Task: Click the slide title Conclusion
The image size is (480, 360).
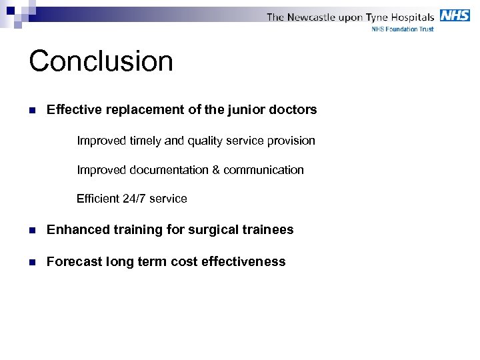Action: tap(101, 61)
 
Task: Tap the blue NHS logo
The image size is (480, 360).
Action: tap(455, 15)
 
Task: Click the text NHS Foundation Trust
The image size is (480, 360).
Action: tap(402, 29)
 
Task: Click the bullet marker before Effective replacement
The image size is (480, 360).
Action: tap(32, 110)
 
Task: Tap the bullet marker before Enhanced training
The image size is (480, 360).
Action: tap(32, 230)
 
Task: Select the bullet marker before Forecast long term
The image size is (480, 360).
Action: tap(32, 262)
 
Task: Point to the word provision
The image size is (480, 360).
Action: tap(291, 141)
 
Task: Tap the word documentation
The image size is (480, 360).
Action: tap(167, 170)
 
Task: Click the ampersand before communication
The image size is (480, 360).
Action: tap(216, 170)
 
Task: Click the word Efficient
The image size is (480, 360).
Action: tap(98, 199)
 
